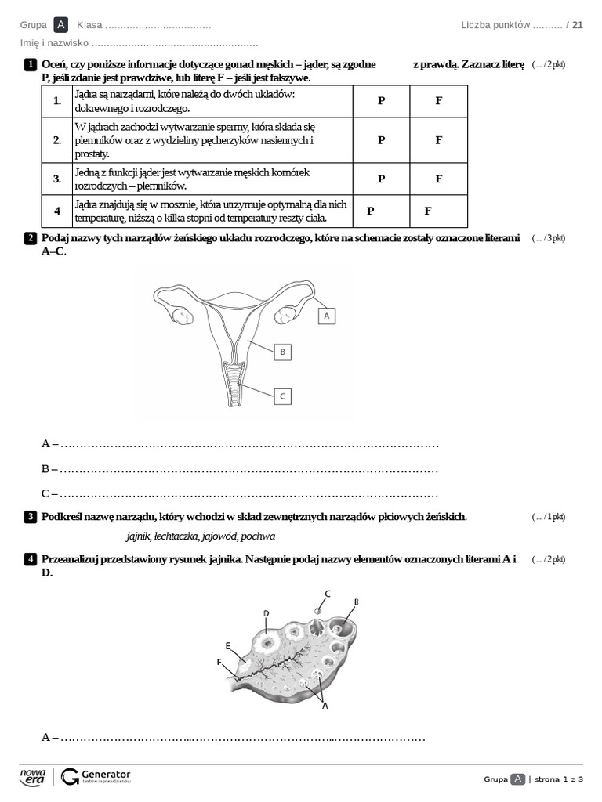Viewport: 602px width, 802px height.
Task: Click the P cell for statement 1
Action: [381, 101]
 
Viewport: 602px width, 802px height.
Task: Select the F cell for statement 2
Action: [438, 139]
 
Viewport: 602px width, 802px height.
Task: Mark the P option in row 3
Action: [381, 179]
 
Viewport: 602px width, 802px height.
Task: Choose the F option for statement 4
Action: [428, 211]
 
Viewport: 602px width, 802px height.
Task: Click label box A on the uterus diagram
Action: [326, 315]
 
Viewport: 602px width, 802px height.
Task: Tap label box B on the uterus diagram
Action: [282, 352]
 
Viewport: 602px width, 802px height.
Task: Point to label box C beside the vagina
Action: [282, 396]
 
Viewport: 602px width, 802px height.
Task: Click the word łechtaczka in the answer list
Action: [176, 536]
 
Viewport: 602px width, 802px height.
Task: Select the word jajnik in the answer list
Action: [138, 536]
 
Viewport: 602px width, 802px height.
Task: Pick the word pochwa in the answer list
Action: [258, 536]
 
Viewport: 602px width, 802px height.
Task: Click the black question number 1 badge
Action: [30, 63]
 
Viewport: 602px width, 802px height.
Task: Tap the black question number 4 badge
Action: [30, 559]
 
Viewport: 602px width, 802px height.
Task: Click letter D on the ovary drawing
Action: [266, 613]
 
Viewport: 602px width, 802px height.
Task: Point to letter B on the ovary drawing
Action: [356, 601]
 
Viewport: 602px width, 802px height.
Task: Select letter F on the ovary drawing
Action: [219, 662]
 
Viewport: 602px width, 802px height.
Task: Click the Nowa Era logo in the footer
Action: [33, 776]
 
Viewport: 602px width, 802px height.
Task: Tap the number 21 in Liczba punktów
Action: [578, 25]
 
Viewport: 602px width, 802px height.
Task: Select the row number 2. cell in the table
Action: [57, 139]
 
